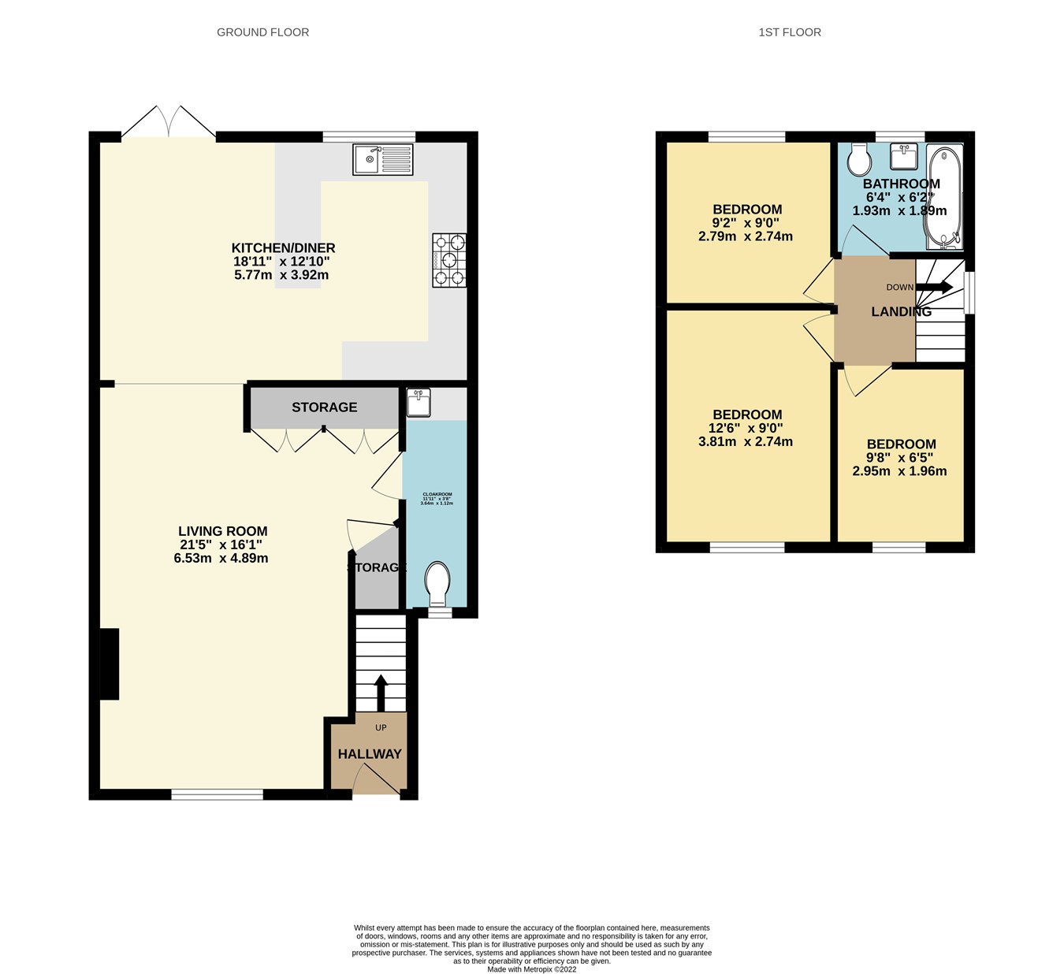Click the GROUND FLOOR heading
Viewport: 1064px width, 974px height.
pyautogui.click(x=262, y=32)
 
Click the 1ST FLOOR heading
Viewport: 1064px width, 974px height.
pyautogui.click(x=790, y=32)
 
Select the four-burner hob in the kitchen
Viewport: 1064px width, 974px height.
pyautogui.click(x=449, y=259)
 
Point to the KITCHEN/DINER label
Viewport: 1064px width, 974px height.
pyautogui.click(x=283, y=248)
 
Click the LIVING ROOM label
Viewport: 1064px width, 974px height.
pyautogui.click(x=222, y=531)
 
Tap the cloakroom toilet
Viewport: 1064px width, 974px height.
pyautogui.click(x=437, y=583)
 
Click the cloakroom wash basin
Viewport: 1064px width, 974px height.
pyautogui.click(x=418, y=403)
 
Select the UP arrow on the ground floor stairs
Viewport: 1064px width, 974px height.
pyautogui.click(x=380, y=692)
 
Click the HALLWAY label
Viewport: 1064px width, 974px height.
pyautogui.click(x=370, y=754)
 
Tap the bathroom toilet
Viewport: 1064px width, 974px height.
pyautogui.click(x=859, y=161)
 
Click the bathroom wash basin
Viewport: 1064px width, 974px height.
pyautogui.click(x=904, y=157)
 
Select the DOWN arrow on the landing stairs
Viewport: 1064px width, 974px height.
pyautogui.click(x=935, y=287)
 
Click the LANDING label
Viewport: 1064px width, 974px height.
pyautogui.click(x=901, y=312)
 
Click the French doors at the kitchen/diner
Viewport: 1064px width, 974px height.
pyautogui.click(x=168, y=125)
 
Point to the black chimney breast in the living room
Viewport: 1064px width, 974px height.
pyautogui.click(x=109, y=664)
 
